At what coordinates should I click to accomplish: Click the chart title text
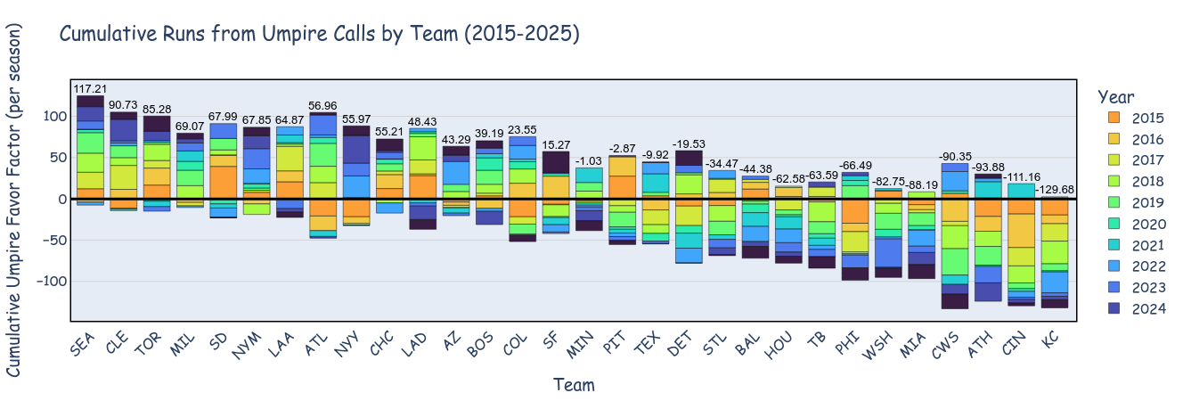coord(319,34)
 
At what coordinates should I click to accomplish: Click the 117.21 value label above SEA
coord(90,89)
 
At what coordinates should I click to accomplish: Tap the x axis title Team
coord(574,385)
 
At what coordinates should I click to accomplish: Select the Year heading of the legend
coord(1116,96)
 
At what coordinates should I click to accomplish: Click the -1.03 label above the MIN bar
coord(589,161)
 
